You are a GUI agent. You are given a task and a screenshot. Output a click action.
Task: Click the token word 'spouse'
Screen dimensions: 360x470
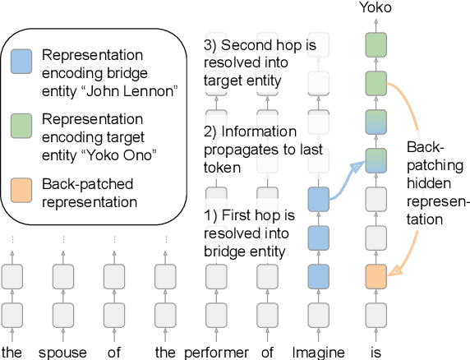[x=63, y=353]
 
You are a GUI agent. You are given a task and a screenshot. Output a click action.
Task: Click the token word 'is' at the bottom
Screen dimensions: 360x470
[x=375, y=353]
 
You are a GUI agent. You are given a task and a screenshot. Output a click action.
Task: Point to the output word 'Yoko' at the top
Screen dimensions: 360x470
[x=375, y=8]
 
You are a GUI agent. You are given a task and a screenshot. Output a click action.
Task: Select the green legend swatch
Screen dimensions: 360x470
[x=21, y=125]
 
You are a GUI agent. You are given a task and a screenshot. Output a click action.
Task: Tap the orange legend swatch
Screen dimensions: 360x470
[x=21, y=185]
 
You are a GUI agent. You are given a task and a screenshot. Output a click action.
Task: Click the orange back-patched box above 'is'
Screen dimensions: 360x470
[x=375, y=277]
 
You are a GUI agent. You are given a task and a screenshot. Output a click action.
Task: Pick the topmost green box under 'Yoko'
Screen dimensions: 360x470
[x=375, y=44]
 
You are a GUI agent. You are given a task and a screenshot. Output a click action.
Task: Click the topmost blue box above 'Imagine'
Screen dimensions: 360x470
[x=318, y=200]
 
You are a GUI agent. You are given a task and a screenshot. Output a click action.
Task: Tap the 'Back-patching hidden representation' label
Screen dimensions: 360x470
[x=436, y=182]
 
